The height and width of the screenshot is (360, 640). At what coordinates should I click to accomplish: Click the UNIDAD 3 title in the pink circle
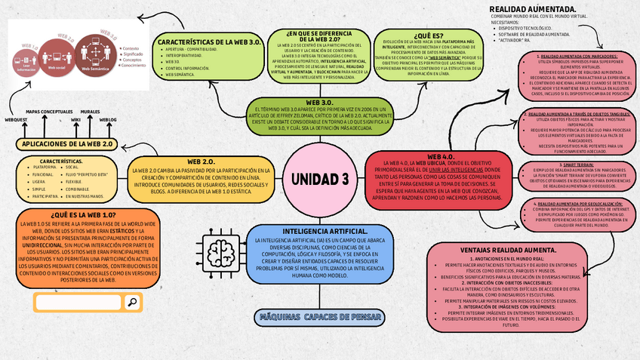pos(319,179)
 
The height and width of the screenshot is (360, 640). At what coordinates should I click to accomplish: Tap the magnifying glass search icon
pos(132,303)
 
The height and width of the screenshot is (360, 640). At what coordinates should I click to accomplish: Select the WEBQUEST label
pos(17,119)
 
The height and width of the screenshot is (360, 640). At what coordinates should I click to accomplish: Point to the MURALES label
pos(90,111)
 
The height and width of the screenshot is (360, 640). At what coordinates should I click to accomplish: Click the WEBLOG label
pos(108,119)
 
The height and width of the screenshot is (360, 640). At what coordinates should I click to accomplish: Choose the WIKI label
pos(75,119)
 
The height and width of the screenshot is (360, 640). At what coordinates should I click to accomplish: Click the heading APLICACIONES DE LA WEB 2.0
pos(67,143)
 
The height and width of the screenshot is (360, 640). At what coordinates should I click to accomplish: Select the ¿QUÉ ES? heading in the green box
pos(429,35)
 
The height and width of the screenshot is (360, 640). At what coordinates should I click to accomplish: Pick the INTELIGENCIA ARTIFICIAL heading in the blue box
pos(325,231)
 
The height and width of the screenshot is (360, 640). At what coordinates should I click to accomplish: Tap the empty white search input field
pos(78,303)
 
